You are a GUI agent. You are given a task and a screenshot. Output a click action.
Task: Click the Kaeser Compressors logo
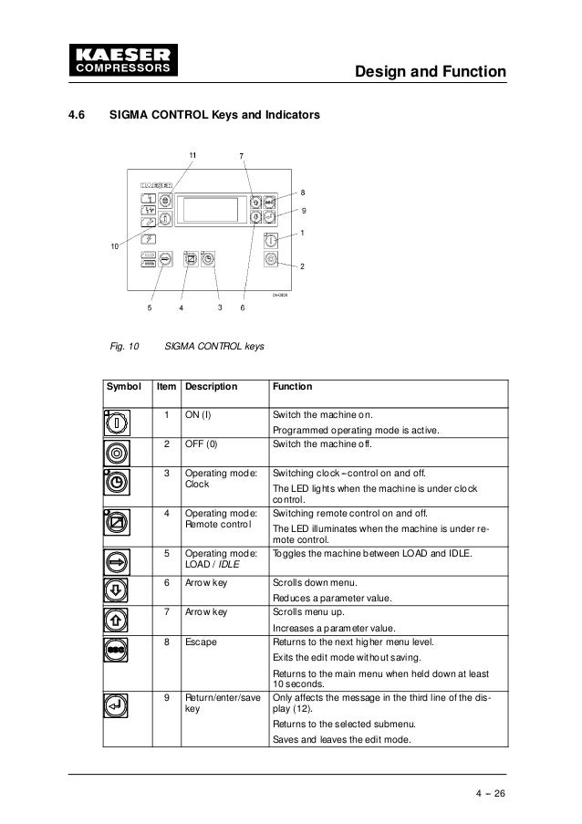pos(117,57)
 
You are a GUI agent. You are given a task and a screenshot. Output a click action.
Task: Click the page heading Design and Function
pos(430,70)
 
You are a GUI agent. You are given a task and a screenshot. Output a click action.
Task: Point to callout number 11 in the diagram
pos(192,155)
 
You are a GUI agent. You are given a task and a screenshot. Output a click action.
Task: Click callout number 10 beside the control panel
pos(113,246)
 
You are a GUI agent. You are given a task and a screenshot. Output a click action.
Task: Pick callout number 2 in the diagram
pos(303,265)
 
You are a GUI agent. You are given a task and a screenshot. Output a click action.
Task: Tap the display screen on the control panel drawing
pos(211,209)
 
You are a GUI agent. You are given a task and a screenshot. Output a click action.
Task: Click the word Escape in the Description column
pos(200,643)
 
